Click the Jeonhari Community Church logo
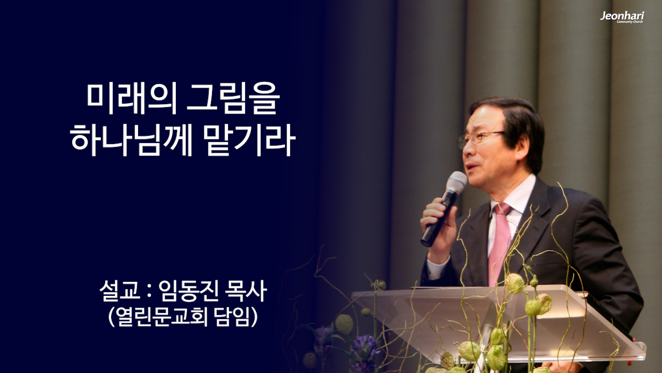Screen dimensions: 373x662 (x=622, y=17)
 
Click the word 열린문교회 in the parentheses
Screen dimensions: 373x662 (x=162, y=317)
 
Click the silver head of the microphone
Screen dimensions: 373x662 (x=456, y=182)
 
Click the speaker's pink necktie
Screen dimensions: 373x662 (x=500, y=243)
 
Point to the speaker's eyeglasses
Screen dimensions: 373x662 (x=478, y=138)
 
